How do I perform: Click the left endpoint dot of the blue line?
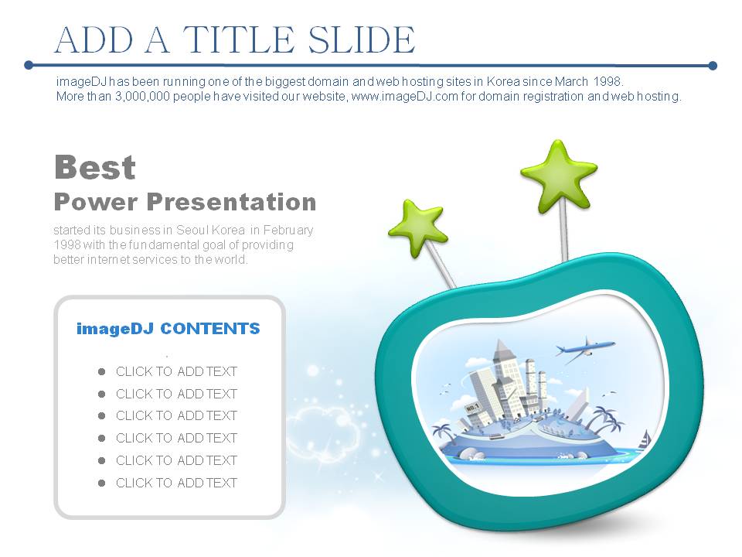(29, 65)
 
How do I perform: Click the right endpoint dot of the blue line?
(713, 65)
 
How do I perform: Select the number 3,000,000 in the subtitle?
(142, 97)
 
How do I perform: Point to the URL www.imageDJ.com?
(404, 97)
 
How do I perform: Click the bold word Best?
(95, 167)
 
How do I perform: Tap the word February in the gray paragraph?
(288, 231)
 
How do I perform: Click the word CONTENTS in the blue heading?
(210, 329)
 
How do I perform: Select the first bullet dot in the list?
(101, 372)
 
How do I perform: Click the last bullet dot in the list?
(101, 483)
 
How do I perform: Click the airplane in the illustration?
(585, 350)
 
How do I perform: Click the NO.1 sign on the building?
(472, 408)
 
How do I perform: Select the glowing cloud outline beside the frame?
(322, 429)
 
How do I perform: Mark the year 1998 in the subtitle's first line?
(608, 81)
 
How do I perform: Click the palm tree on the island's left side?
(443, 432)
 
